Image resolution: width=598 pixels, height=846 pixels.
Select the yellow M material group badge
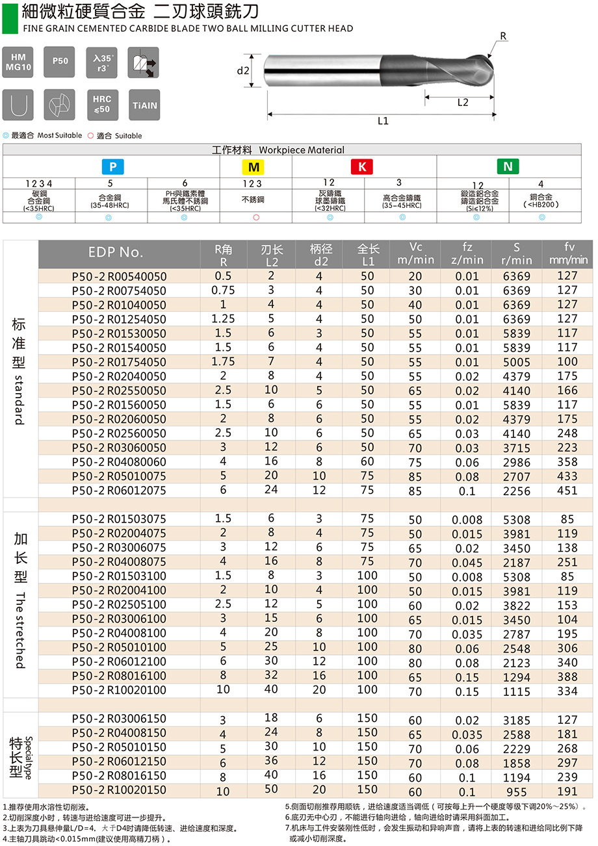pyautogui.click(x=254, y=167)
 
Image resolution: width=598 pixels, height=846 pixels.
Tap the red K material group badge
pyautogui.click(x=362, y=167)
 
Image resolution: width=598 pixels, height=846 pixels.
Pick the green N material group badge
pyautogui.click(x=508, y=166)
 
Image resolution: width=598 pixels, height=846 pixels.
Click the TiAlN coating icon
pyautogui.click(x=144, y=105)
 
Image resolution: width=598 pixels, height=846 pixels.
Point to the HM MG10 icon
pyautogui.click(x=18, y=62)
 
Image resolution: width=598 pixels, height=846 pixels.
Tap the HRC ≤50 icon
pyautogui.click(x=102, y=105)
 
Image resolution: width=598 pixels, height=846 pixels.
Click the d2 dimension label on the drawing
pyautogui.click(x=243, y=71)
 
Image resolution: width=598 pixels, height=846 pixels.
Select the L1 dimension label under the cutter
pyautogui.click(x=383, y=122)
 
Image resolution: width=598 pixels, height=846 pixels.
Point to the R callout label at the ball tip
pyautogui.click(x=503, y=36)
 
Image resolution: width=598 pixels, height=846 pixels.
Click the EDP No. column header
pyautogui.click(x=116, y=253)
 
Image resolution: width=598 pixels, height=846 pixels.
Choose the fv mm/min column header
pyautogui.click(x=567, y=253)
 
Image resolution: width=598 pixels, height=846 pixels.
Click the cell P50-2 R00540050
pyautogui.click(x=119, y=276)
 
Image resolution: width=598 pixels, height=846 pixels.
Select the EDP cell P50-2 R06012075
pyautogui.click(x=119, y=491)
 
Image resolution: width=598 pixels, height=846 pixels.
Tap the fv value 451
pyautogui.click(x=567, y=491)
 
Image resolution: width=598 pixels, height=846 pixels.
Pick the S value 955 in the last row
pyautogui.click(x=517, y=792)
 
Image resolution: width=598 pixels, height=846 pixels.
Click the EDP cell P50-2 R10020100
pyautogui.click(x=119, y=691)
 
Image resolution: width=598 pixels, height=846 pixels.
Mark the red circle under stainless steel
pyautogui.click(x=256, y=217)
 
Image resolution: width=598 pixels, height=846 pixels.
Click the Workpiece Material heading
pyautogui.click(x=278, y=150)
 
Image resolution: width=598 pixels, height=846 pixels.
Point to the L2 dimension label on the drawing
pyautogui.click(x=463, y=103)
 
